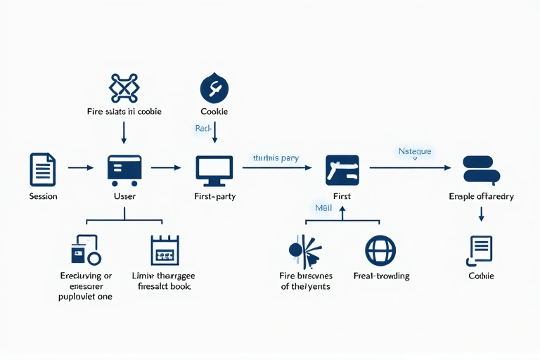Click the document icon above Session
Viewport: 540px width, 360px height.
pyautogui.click(x=43, y=169)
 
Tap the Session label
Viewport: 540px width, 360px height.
pyautogui.click(x=43, y=196)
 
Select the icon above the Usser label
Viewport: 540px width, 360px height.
pyautogui.click(x=124, y=169)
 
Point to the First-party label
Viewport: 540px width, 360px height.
pyautogui.click(x=214, y=196)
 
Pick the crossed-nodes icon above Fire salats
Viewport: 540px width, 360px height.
pyautogui.click(x=124, y=88)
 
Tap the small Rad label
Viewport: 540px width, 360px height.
pyautogui.click(x=203, y=129)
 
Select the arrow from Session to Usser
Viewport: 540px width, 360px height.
pyautogui.click(x=80, y=168)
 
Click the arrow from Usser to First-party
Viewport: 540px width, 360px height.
pyautogui.click(x=167, y=168)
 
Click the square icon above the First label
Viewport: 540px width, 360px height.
pyautogui.click(x=342, y=169)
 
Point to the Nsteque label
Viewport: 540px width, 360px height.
pyautogui.click(x=414, y=151)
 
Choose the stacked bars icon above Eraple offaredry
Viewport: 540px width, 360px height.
pyautogui.click(x=482, y=169)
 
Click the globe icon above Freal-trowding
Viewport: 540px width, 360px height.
pyautogui.click(x=380, y=250)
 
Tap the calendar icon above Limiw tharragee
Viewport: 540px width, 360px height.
pyautogui.click(x=166, y=250)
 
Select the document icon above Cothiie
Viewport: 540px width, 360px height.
pyautogui.click(x=481, y=250)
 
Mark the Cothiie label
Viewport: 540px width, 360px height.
pyautogui.click(x=481, y=276)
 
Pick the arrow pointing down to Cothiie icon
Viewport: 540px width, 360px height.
pyautogui.click(x=481, y=215)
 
